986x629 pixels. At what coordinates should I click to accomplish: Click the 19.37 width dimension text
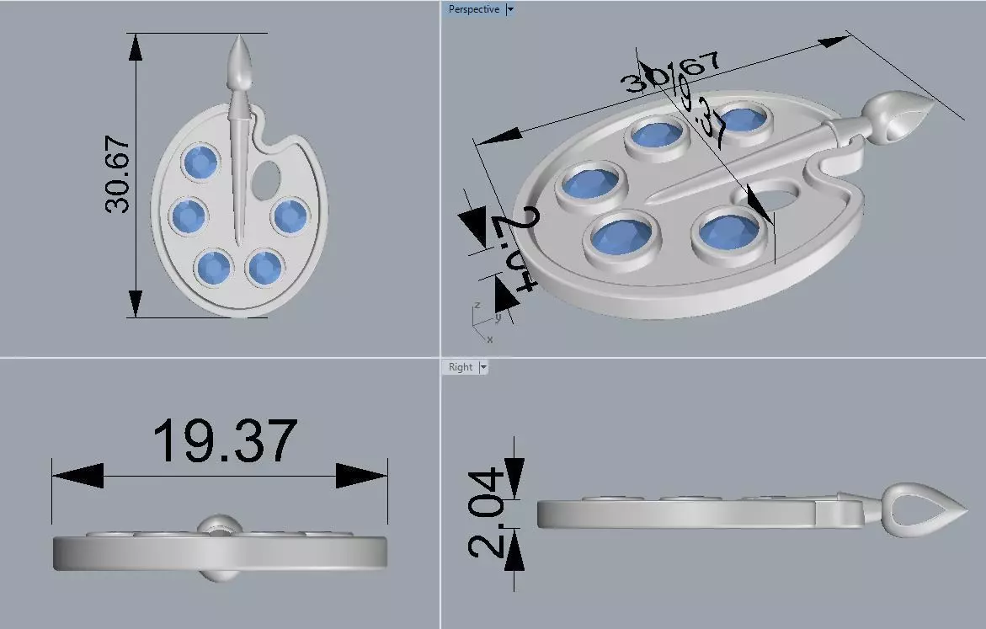tap(225, 440)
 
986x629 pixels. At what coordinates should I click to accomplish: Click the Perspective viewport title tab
tap(473, 9)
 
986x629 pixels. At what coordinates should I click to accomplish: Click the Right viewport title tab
tap(461, 367)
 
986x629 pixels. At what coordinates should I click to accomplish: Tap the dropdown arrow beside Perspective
tap(510, 9)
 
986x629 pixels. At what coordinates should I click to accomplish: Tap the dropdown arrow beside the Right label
tap(483, 367)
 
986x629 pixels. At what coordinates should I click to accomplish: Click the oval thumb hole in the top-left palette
tap(267, 177)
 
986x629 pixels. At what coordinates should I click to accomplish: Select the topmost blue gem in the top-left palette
tap(201, 162)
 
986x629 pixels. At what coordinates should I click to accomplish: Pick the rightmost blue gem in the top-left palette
tap(290, 216)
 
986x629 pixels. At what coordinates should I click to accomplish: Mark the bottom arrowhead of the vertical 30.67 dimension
tap(135, 302)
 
